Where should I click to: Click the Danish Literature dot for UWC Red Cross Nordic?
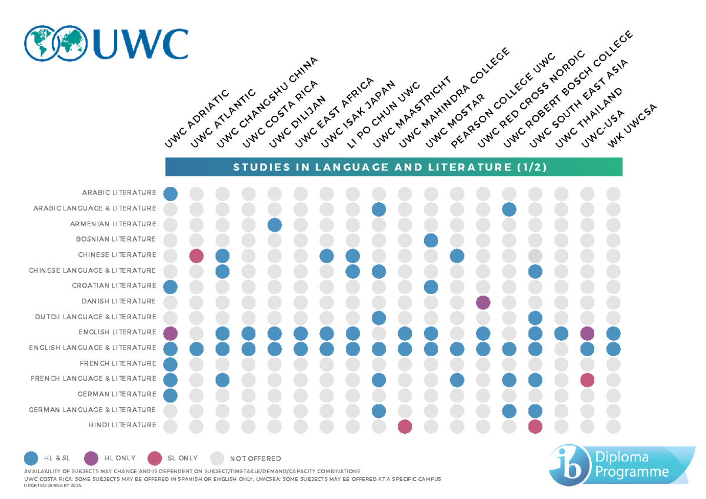click(483, 302)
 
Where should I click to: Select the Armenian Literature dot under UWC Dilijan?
click(274, 224)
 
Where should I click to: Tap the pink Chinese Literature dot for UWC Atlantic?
click(197, 255)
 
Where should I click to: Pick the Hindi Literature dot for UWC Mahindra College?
click(405, 426)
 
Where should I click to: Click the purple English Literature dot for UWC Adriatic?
click(171, 333)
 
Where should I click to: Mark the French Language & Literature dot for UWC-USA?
click(587, 379)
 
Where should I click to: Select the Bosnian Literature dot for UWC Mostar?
click(431, 240)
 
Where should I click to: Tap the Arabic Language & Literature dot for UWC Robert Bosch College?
click(509, 209)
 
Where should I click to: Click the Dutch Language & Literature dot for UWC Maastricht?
click(379, 317)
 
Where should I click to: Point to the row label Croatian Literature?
click(114, 286)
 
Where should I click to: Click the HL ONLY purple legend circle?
click(91, 458)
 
